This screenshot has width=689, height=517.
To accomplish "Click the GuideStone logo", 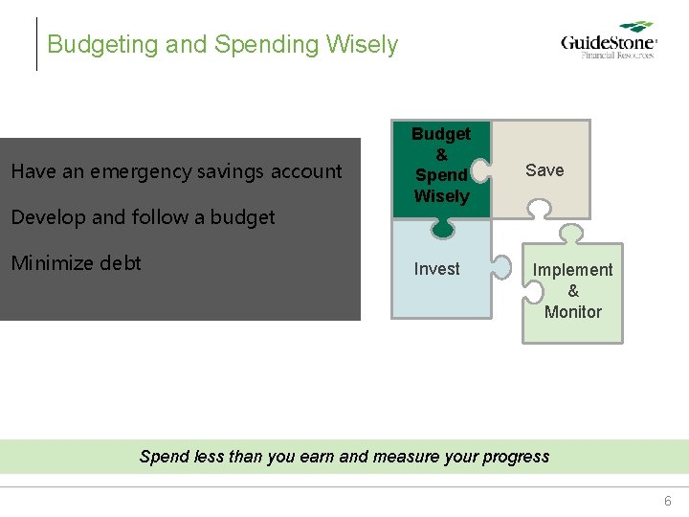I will [x=608, y=41].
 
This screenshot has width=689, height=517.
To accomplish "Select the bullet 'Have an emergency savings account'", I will [x=176, y=171].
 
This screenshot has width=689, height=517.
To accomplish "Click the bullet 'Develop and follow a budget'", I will [x=143, y=217].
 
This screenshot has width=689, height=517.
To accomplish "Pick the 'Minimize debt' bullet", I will [x=76, y=263].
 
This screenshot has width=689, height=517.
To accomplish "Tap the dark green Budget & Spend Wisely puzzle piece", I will [x=440, y=166].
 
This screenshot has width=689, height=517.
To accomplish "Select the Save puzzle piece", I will [x=545, y=170].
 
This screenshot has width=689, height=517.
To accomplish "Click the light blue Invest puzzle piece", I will [x=437, y=269].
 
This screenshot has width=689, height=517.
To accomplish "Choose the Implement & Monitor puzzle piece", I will [x=572, y=291].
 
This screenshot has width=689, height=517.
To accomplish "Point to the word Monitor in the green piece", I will [x=572, y=312].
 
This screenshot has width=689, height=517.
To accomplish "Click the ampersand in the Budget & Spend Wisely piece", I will [x=441, y=154].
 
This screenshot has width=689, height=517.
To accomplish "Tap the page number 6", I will [x=668, y=501].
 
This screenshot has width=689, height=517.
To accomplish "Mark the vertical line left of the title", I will [x=37, y=44].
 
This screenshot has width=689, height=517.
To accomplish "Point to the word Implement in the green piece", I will [x=572, y=270].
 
